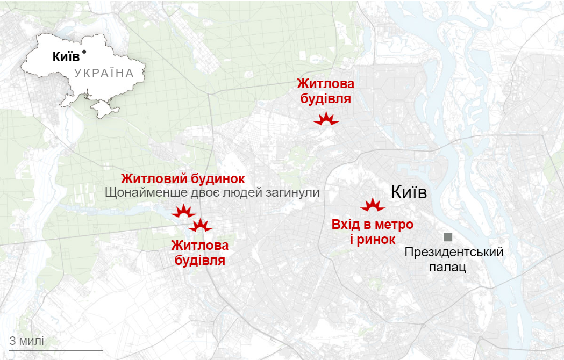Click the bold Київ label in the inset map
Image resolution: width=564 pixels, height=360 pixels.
pyautogui.click(x=66, y=56)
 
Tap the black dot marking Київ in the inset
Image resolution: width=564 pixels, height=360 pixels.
pyautogui.click(x=84, y=52)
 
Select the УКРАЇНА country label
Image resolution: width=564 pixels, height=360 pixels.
pyautogui.click(x=104, y=73)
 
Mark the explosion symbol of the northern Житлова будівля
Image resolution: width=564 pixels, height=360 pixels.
pyautogui.click(x=326, y=120)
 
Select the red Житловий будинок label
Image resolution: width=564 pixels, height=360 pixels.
pyautogui.click(x=183, y=178)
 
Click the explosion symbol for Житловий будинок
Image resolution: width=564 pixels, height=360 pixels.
pyautogui.click(x=183, y=212)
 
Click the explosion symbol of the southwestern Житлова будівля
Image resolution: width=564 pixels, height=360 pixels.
pyautogui.click(x=201, y=226)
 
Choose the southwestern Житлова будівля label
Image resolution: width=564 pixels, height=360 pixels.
pyautogui.click(x=199, y=253)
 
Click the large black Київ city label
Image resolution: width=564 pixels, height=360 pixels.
pyautogui.click(x=409, y=192)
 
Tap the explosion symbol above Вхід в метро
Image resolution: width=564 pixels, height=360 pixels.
pyautogui.click(x=372, y=205)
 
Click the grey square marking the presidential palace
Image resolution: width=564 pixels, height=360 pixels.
pyautogui.click(x=447, y=237)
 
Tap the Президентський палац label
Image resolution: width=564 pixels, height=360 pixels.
pyautogui.click(x=454, y=259)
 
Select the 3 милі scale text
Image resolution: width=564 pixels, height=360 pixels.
pyautogui.click(x=27, y=341)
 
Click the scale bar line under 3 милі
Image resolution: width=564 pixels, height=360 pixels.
pyautogui.click(x=48, y=350)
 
